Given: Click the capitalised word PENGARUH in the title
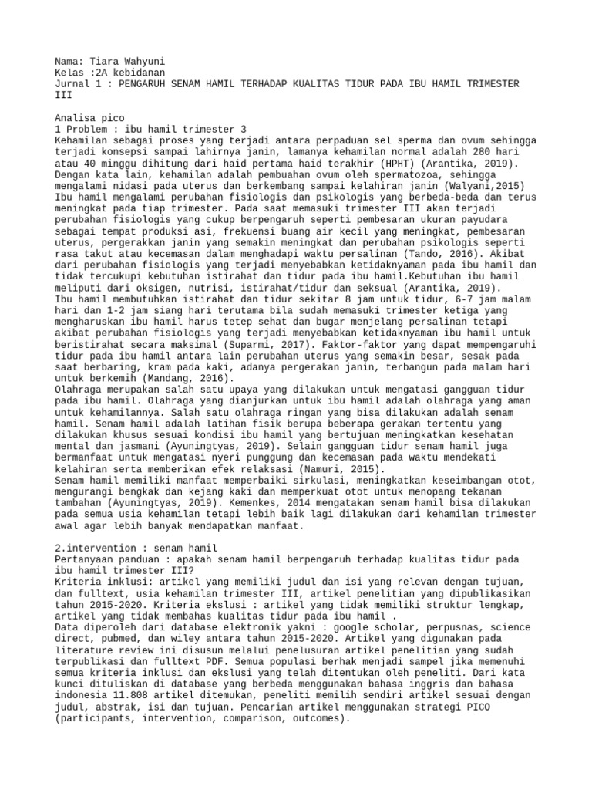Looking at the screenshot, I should click(145, 83).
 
